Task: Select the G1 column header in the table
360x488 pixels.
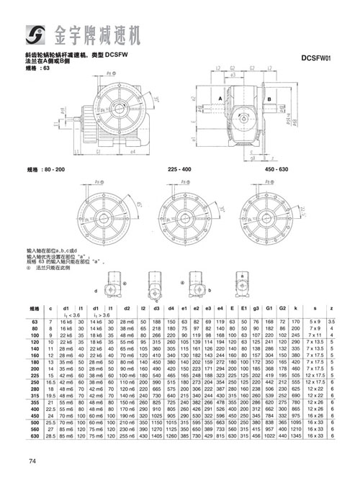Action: click(269, 308)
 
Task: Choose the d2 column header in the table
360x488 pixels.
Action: click(127, 308)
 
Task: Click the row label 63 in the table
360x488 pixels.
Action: click(35, 321)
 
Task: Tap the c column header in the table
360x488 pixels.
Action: click(50, 308)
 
